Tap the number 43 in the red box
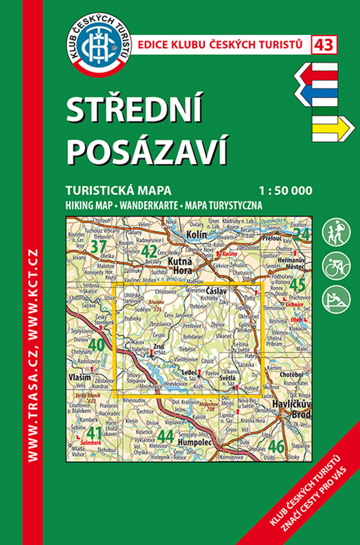tap(324, 45)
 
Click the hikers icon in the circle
tap(337, 232)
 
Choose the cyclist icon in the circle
tap(337, 266)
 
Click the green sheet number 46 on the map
tap(276, 446)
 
